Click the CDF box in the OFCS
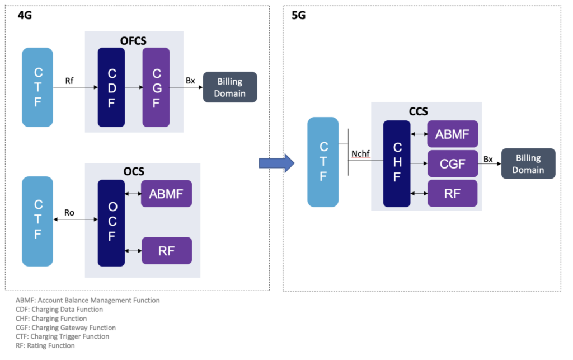(x=111, y=87)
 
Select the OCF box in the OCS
(x=111, y=223)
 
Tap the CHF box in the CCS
(x=397, y=163)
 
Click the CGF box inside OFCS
(x=156, y=87)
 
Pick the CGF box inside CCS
(x=453, y=163)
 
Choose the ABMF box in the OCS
(x=166, y=194)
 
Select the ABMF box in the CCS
(x=453, y=134)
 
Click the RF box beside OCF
(x=166, y=251)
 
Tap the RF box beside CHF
(x=453, y=193)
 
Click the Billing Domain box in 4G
(x=229, y=87)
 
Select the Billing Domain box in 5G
(x=528, y=163)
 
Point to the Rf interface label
(x=69, y=81)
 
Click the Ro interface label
(x=69, y=213)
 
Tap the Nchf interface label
(x=361, y=154)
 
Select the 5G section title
(x=299, y=15)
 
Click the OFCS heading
(x=134, y=40)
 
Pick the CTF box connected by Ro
(x=37, y=221)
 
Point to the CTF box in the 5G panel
(x=323, y=162)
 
